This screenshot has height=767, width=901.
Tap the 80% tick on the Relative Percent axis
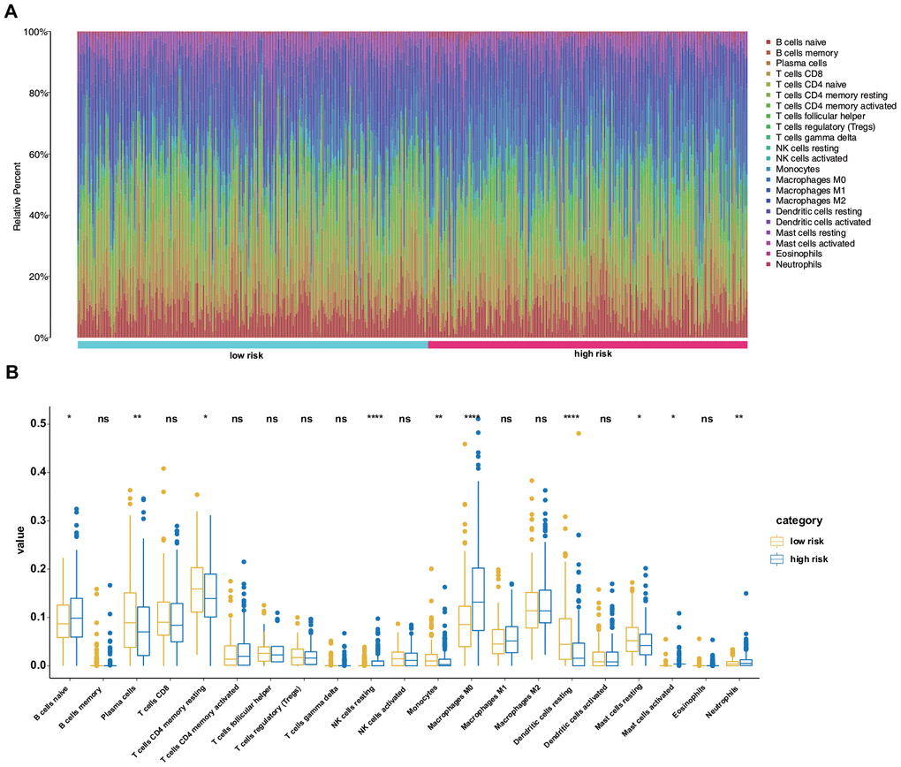tap(40, 93)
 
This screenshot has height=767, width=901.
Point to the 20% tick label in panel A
tap(40, 277)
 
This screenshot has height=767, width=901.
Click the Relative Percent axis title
tap(17, 185)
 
